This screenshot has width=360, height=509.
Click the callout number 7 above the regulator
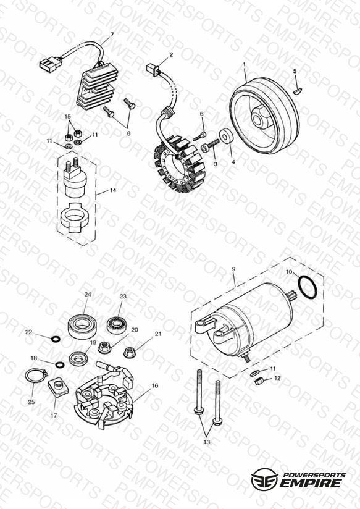pos(112,35)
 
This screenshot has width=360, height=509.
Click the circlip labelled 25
pos(36,377)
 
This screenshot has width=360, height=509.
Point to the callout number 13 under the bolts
pos(207,442)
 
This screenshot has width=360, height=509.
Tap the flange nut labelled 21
pos(130,352)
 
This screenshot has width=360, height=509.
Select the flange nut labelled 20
pos(104,348)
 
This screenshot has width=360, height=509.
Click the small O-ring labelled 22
pos(56,339)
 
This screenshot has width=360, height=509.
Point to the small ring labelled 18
pos(60,364)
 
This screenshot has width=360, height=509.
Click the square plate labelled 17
pos(58,387)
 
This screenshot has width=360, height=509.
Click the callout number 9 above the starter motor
pos(234,269)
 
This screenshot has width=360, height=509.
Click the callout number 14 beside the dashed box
pos(112,190)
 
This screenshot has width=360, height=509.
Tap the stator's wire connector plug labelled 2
pos(153,69)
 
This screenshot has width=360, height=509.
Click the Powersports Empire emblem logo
pos(264,479)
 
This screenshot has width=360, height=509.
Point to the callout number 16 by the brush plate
pos(154,385)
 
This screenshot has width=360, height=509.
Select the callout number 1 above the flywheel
pos(244,65)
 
